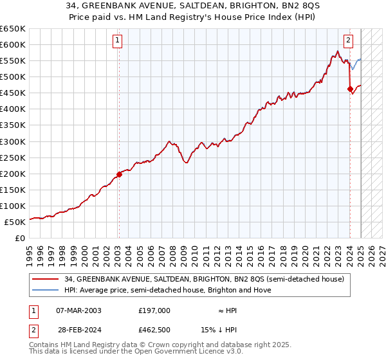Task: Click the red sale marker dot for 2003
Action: (x=119, y=174)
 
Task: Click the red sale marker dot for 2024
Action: (x=350, y=89)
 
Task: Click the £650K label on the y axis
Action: (x=13, y=29)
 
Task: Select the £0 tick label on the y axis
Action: (x=20, y=238)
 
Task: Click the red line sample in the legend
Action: (x=46, y=279)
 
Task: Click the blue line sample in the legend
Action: (x=46, y=290)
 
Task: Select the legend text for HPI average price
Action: (x=167, y=290)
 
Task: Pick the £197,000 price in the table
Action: (x=154, y=310)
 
